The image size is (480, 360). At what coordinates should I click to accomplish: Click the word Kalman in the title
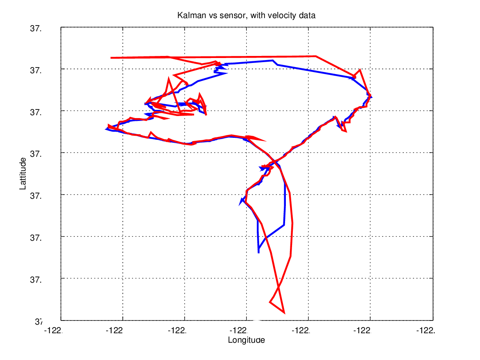tap(188, 16)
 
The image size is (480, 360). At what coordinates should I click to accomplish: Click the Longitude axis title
tap(246, 340)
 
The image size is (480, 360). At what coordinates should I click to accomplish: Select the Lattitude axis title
tap(23, 173)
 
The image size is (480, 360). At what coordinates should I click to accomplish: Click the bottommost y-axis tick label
tap(35, 321)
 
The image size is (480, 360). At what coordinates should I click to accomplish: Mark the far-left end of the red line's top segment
tap(111, 58)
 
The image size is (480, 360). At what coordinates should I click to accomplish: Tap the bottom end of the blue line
tap(258, 252)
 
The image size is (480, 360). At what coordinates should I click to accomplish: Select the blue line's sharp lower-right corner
tap(284, 225)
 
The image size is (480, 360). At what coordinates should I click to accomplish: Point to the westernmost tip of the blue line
tap(106, 129)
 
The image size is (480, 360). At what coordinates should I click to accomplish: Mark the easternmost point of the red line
tap(371, 96)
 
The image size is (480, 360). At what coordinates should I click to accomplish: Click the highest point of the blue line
tap(272, 60)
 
